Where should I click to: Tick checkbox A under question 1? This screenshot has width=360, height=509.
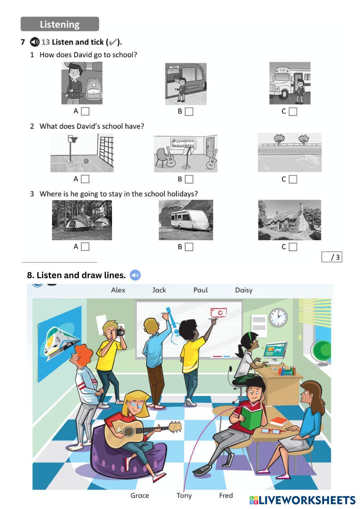pyautogui.click(x=85, y=111)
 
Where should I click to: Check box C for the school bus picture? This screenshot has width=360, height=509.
pyautogui.click(x=293, y=111)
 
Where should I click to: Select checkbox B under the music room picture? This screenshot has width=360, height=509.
pyautogui.click(x=189, y=179)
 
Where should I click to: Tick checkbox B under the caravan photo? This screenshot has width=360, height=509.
pyautogui.click(x=189, y=247)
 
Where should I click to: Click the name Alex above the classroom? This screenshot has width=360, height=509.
pyautogui.click(x=118, y=290)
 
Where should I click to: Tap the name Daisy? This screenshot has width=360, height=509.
pyautogui.click(x=244, y=290)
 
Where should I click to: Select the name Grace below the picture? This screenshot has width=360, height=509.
pyautogui.click(x=140, y=495)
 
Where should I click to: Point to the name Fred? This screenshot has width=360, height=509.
pyautogui.click(x=226, y=495)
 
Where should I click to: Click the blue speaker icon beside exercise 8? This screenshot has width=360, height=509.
pyautogui.click(x=135, y=275)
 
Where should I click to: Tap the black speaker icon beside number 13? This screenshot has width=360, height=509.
pyautogui.click(x=35, y=42)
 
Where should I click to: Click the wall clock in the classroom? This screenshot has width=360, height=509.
pyautogui.click(x=278, y=317)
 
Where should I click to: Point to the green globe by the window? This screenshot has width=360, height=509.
pyautogui.click(x=322, y=350)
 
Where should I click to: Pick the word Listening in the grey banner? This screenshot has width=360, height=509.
pyautogui.click(x=59, y=24)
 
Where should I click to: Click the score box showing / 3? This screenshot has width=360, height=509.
pyautogui.click(x=332, y=257)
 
